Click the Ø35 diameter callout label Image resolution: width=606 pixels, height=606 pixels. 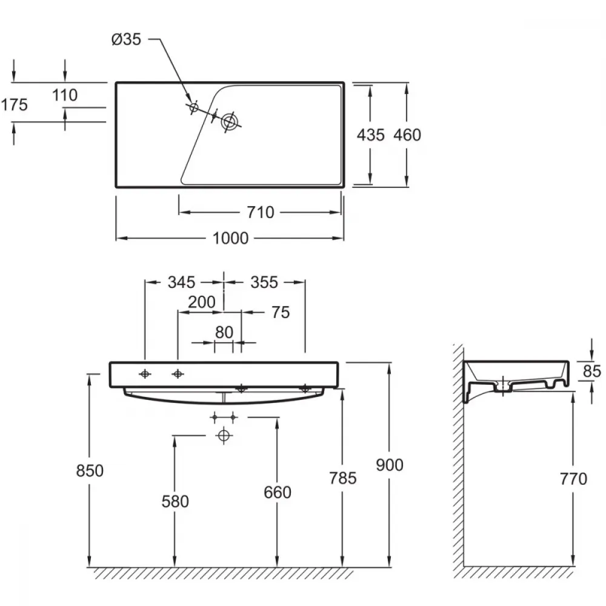click(x=127, y=39)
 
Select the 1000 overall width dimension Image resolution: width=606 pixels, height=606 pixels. click(x=230, y=238)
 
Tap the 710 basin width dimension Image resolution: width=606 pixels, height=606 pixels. click(x=261, y=212)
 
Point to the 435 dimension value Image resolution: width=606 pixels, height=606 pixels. click(x=371, y=135)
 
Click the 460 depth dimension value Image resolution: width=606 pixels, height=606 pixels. click(x=407, y=135)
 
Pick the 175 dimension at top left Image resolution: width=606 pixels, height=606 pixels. click(x=15, y=105)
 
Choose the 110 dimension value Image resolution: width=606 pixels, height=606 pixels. click(x=65, y=95)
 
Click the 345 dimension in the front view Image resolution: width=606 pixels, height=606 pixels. click(x=181, y=282)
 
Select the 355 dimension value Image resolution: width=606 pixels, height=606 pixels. click(x=264, y=282)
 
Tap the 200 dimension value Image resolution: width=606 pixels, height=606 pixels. click(x=202, y=302)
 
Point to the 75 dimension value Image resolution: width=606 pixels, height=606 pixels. click(x=281, y=312)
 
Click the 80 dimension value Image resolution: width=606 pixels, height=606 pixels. click(x=224, y=332)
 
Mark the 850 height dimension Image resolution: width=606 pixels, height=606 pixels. click(x=90, y=471)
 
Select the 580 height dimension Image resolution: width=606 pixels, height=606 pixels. click(x=175, y=502)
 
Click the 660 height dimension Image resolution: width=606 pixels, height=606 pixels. click(x=278, y=492)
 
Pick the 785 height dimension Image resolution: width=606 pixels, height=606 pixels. click(x=343, y=478)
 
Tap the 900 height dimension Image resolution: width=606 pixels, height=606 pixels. click(x=390, y=465)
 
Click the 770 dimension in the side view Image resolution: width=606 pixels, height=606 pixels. click(x=573, y=479)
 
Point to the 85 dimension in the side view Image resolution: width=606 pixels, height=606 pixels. click(x=592, y=371)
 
